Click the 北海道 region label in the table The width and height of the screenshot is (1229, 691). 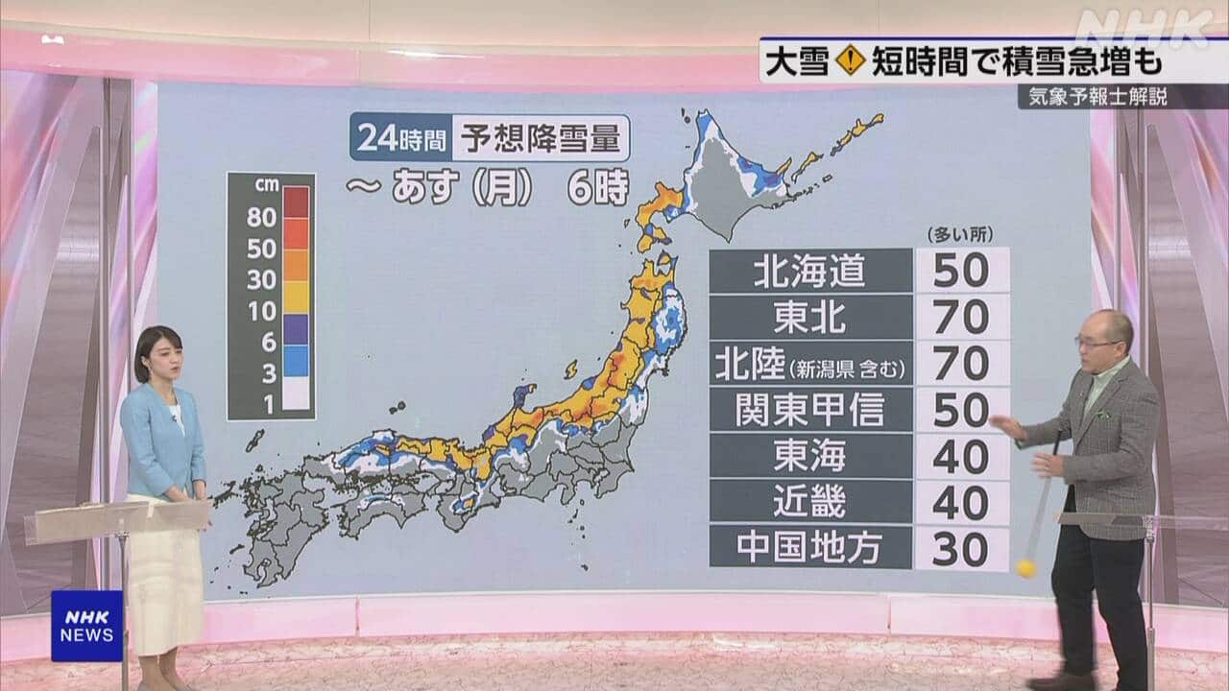(x=810, y=271)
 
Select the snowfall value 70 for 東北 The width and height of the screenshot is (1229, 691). (x=961, y=317)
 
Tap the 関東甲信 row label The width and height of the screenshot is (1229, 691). (x=810, y=410)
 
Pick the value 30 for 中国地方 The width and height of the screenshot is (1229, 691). (x=961, y=549)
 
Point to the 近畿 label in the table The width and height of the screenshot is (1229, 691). (x=810, y=502)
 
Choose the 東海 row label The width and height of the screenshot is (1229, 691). (x=810, y=456)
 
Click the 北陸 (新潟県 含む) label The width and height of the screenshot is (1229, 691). (x=810, y=364)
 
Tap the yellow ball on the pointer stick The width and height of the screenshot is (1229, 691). (x=1026, y=567)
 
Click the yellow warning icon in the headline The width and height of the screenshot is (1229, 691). (x=851, y=60)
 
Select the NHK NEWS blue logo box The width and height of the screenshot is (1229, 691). (x=86, y=625)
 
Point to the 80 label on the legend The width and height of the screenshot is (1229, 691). (x=261, y=217)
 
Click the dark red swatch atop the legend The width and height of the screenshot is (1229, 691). (x=297, y=202)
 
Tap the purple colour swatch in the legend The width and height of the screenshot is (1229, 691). (x=297, y=329)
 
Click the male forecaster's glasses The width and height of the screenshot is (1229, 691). (x=1094, y=343)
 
